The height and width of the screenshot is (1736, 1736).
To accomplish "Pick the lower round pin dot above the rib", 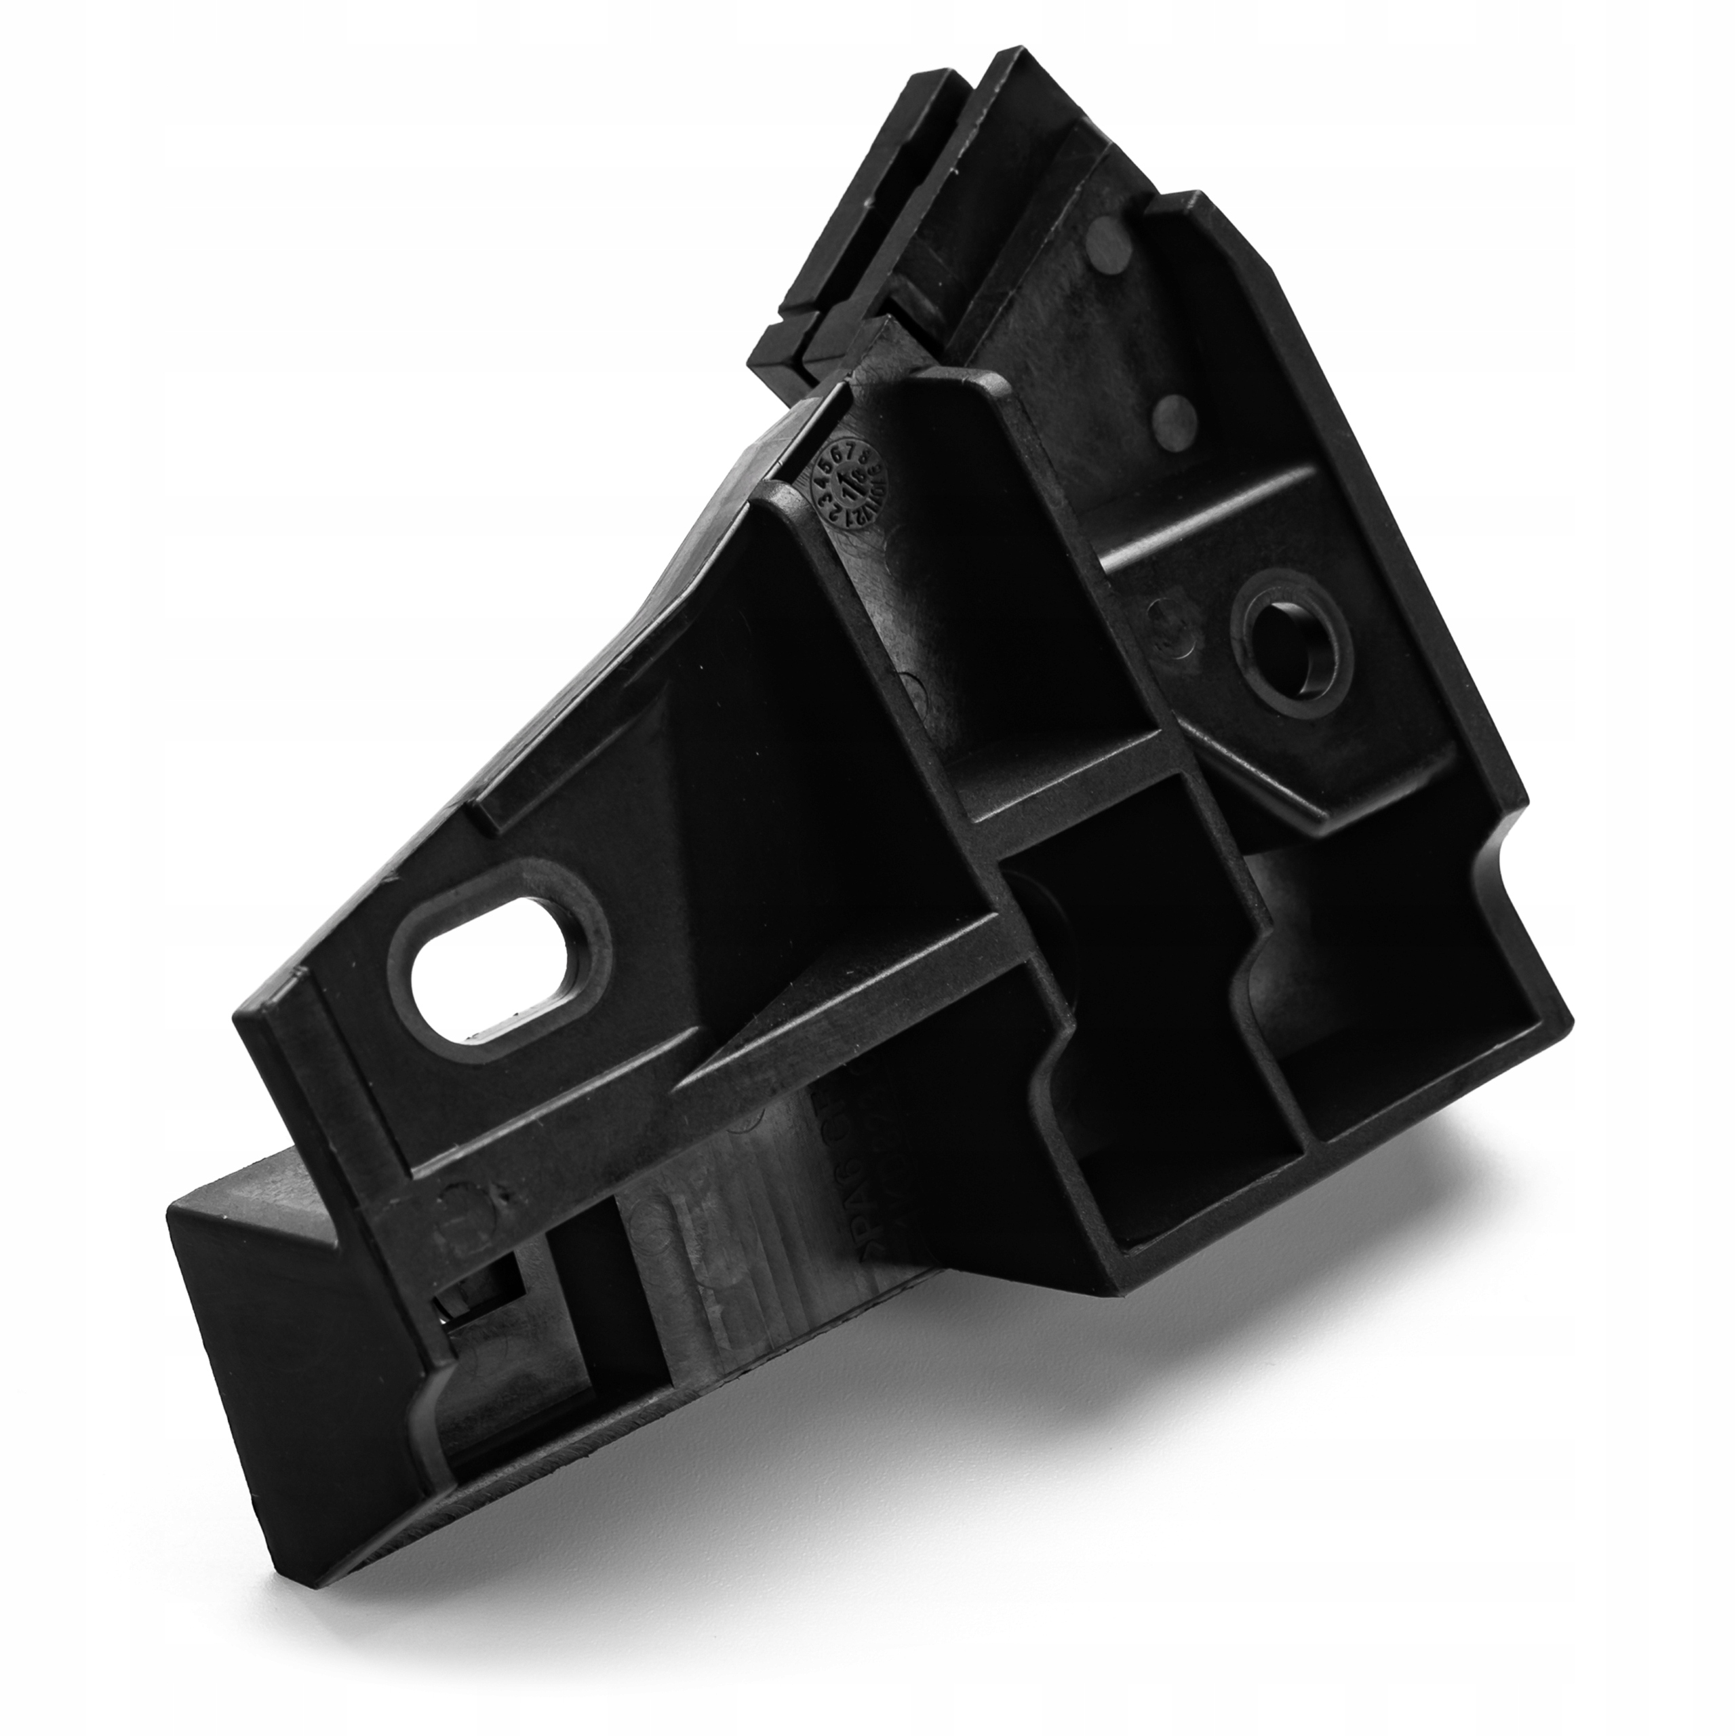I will click(x=1172, y=415).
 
